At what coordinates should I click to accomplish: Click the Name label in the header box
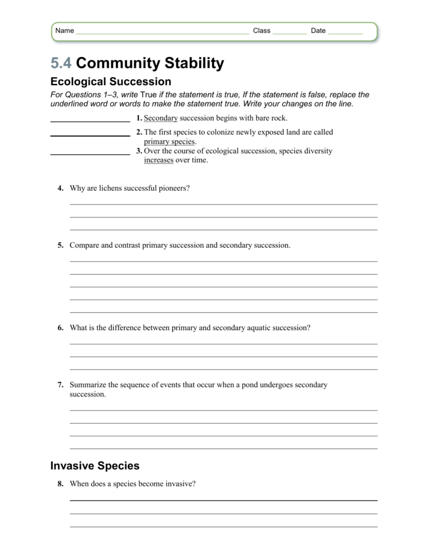tap(65, 31)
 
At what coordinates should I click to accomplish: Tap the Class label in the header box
tap(262, 31)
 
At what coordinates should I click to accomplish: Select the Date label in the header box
tap(318, 31)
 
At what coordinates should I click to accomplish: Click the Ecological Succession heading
tap(111, 82)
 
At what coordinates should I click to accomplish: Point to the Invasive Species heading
tap(95, 465)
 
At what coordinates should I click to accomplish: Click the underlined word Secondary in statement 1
tap(161, 118)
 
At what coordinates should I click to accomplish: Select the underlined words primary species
tap(169, 142)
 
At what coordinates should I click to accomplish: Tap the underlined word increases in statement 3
tap(158, 160)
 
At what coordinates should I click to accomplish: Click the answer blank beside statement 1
tap(90, 121)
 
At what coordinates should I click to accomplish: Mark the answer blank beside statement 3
tap(90, 154)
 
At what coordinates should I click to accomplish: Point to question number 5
tap(60, 246)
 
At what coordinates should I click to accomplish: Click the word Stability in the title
tap(191, 63)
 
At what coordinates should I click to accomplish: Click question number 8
tap(60, 484)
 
